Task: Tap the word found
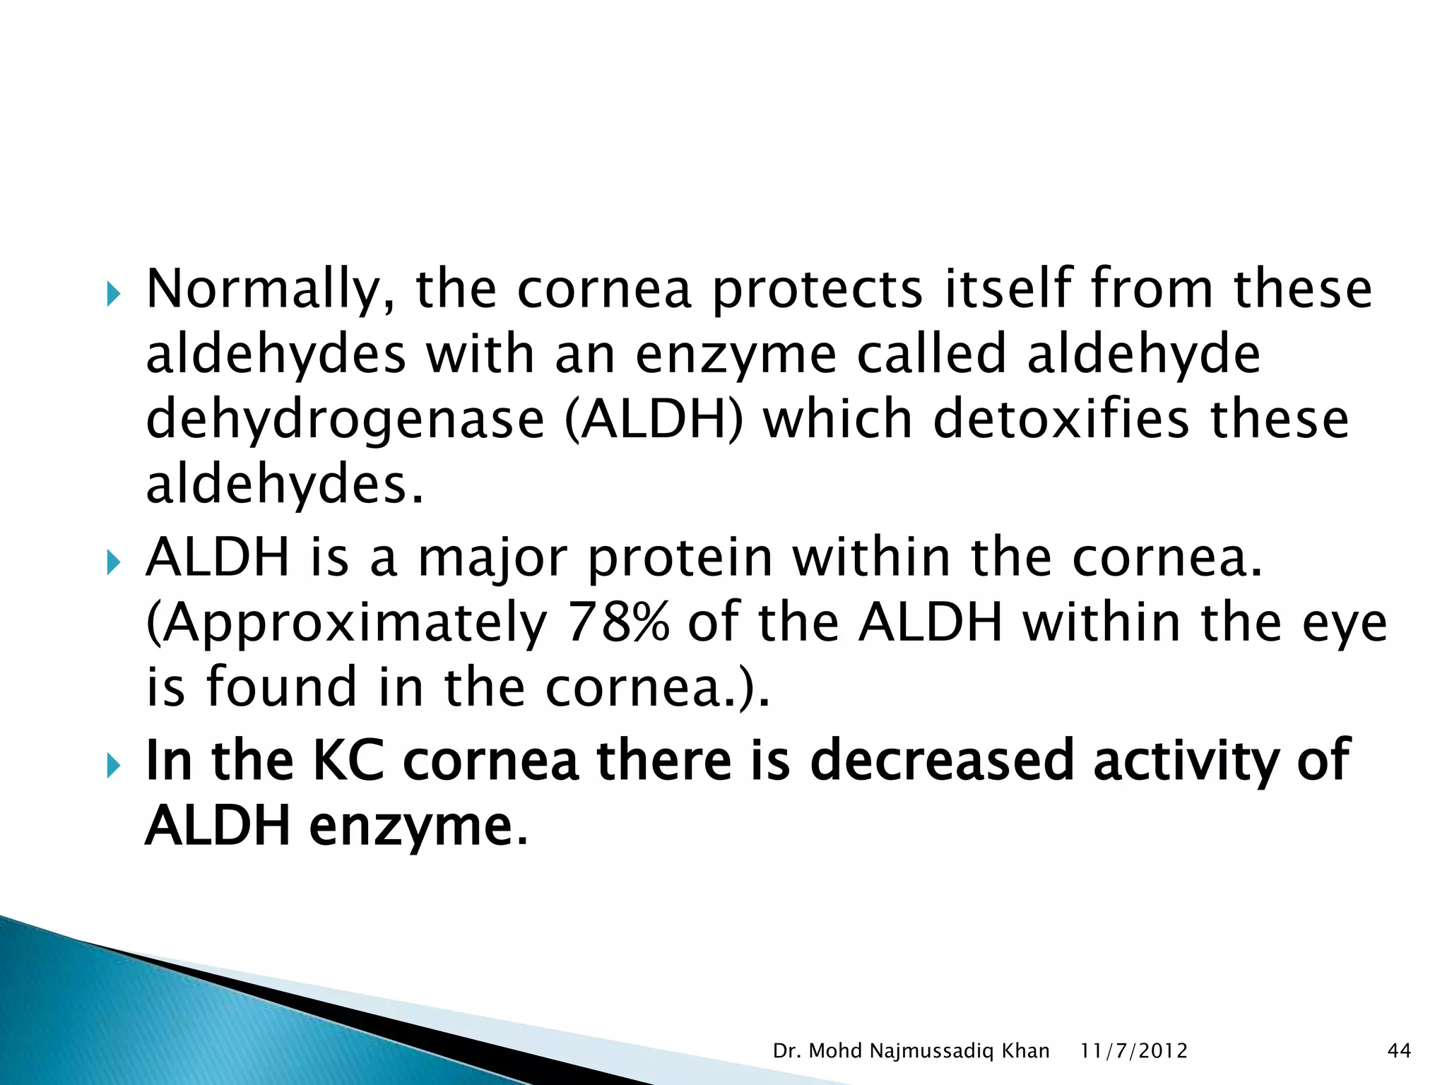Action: coord(281,687)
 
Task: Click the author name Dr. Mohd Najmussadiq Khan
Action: coord(911,1051)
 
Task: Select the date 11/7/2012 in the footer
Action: coord(1133,1051)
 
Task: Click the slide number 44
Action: coord(1399,1051)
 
